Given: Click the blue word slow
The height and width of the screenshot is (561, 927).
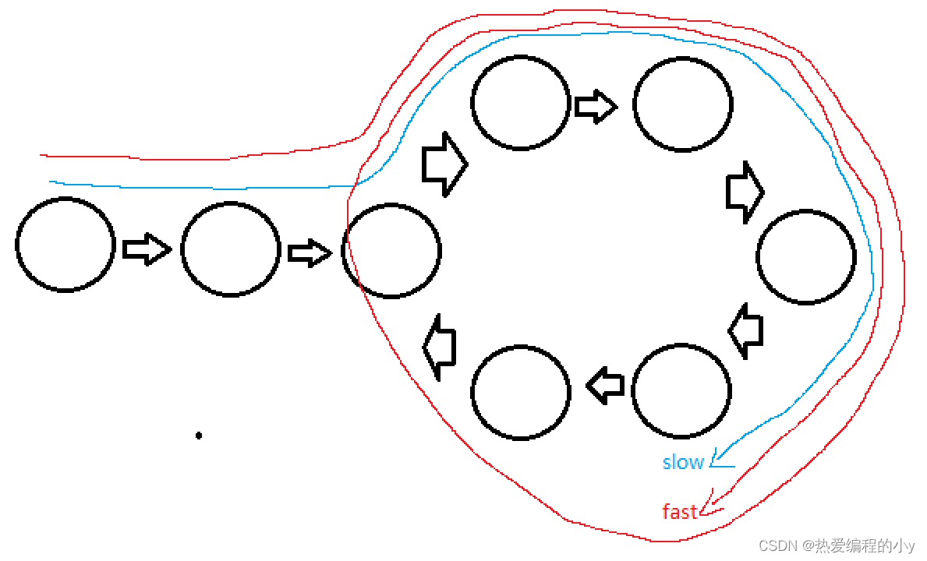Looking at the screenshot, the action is coord(683,462).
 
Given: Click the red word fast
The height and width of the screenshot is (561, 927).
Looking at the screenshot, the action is coord(679,512).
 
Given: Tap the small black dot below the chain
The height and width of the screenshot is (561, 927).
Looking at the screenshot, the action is coord(199,436).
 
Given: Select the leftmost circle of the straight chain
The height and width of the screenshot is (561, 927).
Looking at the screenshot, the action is coord(65,245).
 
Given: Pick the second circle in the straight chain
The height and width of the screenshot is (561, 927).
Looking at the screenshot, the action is coord(231,249).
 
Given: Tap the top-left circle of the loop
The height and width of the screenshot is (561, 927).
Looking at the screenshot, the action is coord(520,102).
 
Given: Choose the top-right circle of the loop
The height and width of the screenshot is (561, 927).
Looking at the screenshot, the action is coord(682,103).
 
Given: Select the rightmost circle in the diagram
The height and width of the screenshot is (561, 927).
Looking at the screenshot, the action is coord(806,256).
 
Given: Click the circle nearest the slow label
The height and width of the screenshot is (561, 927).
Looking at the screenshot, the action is coord(681,390).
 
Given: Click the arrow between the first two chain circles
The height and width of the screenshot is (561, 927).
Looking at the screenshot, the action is coord(147,249).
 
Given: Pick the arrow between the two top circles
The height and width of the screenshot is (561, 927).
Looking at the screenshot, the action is coord(596,105).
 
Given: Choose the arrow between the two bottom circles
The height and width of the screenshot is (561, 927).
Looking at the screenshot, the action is coord(605,385).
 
